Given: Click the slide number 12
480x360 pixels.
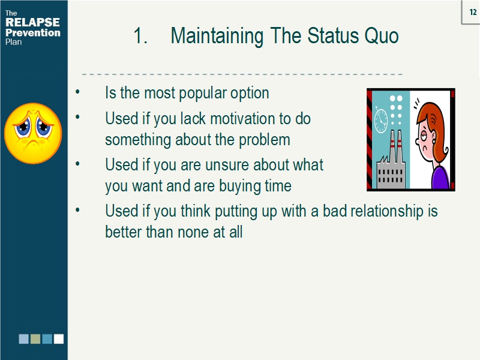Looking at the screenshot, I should tap(472, 12).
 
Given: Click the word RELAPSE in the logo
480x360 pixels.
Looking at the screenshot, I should tap(32, 23).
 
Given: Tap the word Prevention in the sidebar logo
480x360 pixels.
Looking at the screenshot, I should tap(32, 32).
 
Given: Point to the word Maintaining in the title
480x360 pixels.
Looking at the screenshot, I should tap(217, 36).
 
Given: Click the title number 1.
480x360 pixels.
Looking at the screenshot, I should tap(140, 36).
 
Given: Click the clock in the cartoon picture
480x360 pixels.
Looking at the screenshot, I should tap(381, 120).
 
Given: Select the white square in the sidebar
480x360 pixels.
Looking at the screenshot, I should tap(58, 339).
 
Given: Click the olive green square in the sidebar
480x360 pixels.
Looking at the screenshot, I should tap(35, 339).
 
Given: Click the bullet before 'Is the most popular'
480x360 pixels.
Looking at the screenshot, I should tap(77, 94).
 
